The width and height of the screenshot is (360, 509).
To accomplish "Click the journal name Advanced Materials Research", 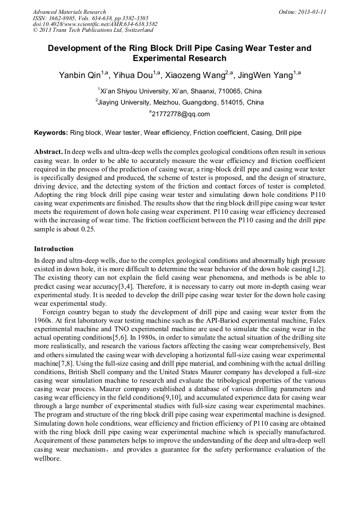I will tap(69, 12).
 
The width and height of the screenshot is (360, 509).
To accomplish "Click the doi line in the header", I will tap(95, 24).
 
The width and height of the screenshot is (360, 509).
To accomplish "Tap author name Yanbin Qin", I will tap(80, 76).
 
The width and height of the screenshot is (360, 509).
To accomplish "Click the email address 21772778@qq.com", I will tap(181, 114).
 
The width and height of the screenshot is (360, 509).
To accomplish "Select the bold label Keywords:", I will tap(51, 132).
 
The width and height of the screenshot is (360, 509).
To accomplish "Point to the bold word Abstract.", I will tap(49, 152).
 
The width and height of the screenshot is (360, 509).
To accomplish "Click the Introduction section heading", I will tap(54, 248).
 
